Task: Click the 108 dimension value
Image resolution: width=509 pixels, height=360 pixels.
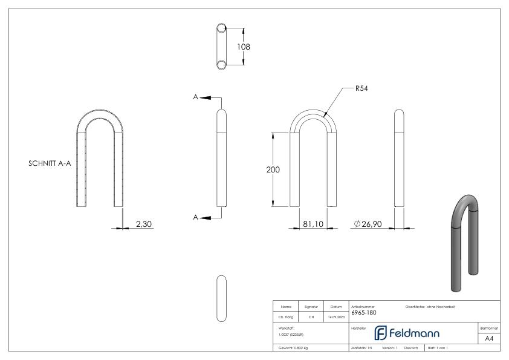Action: tap(244, 47)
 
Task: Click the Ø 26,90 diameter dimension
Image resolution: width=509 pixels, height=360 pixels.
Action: tap(371, 224)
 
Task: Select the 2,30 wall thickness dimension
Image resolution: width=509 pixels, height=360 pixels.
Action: tap(144, 224)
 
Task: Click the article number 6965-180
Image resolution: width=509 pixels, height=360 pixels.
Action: tap(363, 313)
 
